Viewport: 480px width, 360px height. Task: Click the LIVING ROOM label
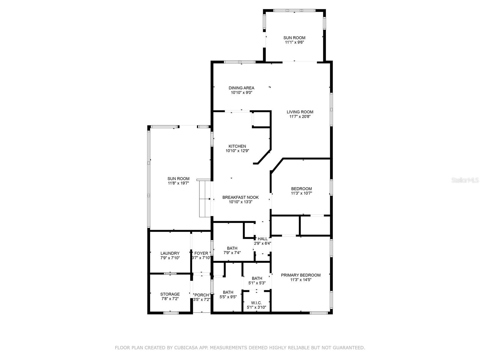300,112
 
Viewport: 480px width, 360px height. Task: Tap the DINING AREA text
241,88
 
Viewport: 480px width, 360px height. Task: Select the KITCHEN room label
237,146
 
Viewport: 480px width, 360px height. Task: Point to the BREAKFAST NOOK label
241,197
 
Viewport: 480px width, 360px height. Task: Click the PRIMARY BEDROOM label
301,275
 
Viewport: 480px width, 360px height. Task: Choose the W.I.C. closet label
256,303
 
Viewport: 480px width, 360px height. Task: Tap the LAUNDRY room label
170,253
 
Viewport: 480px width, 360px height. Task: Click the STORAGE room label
170,294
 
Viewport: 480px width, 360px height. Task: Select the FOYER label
201,253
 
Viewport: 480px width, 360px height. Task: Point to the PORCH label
202,295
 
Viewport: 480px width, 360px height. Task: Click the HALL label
262,239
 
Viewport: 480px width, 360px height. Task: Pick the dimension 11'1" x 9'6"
294,42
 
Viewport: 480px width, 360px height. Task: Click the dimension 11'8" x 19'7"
178,183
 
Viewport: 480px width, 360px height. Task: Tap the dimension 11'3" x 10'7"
301,193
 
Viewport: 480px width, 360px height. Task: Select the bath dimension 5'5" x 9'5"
228,297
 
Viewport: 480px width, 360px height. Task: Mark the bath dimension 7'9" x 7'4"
232,253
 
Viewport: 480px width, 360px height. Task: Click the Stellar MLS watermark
465,180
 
